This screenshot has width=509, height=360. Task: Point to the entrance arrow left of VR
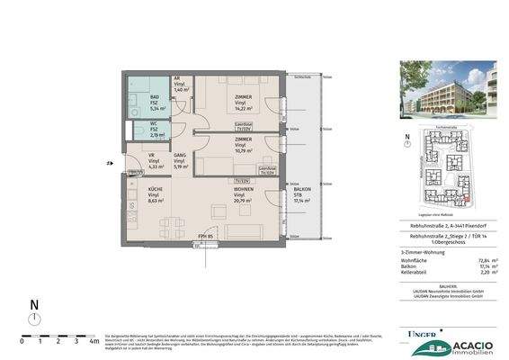(x=111, y=164)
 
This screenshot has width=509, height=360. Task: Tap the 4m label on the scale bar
(x=94, y=341)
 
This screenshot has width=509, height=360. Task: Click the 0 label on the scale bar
(x=22, y=341)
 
